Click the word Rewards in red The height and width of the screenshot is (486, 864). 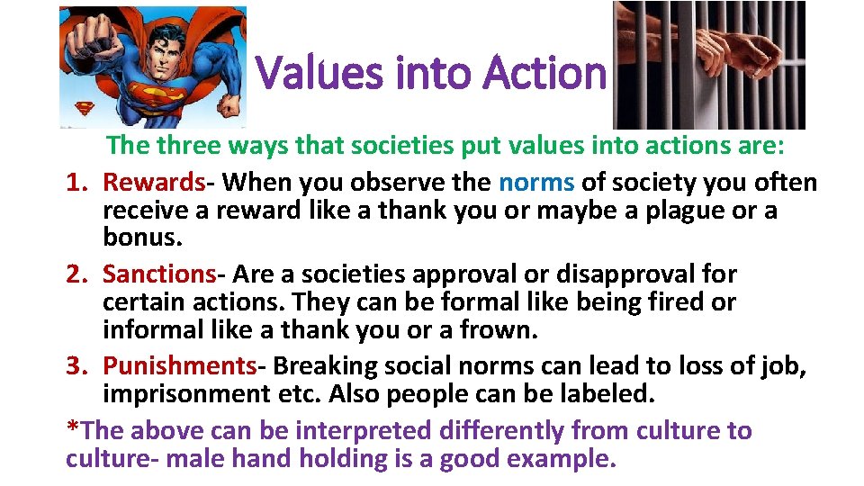pyautogui.click(x=154, y=183)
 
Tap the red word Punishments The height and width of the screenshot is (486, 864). pyautogui.click(x=180, y=365)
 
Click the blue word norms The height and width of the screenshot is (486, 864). pyautogui.click(x=536, y=183)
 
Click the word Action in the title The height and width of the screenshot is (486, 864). pyautogui.click(x=544, y=73)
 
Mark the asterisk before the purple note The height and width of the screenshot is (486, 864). pyautogui.click(x=72, y=427)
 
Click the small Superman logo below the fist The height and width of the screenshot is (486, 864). pyautogui.click(x=84, y=109)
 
